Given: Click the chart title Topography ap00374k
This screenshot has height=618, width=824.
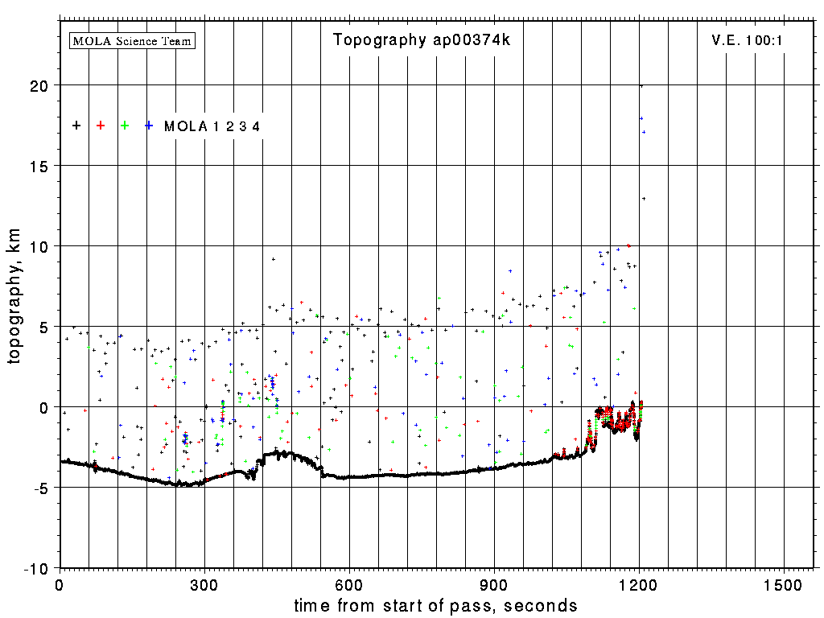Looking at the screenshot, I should click(422, 40).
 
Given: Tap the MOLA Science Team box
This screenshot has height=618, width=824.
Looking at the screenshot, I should click(133, 40).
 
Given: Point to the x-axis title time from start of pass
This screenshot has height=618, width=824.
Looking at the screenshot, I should click(435, 605).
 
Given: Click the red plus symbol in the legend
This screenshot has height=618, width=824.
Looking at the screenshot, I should click(101, 126).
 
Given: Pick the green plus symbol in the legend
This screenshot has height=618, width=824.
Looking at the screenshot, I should click(125, 126).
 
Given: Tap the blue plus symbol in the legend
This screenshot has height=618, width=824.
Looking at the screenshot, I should click(149, 126).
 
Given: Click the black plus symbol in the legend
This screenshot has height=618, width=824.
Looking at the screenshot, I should click(76, 126).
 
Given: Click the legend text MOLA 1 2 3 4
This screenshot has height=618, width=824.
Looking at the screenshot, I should click(212, 126).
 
